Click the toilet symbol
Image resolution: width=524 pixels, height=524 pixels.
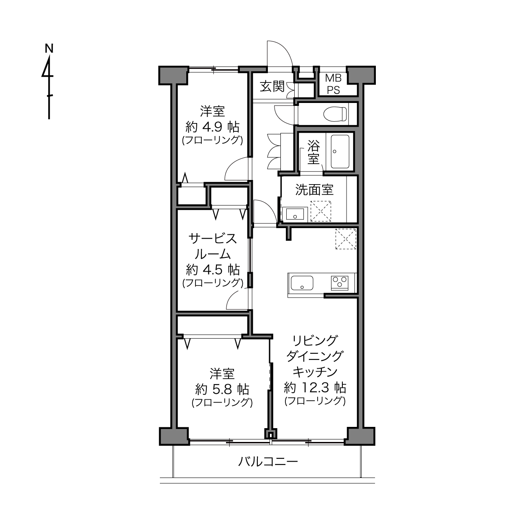pos(335,114)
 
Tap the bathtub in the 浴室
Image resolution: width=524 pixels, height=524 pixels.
pos(340,152)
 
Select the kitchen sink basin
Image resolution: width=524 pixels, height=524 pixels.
pos(302,283)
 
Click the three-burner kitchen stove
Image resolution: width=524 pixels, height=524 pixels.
pos(339,283)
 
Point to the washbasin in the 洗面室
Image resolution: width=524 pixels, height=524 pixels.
pos(295,214)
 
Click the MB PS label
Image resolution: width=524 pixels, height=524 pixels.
pos(334,84)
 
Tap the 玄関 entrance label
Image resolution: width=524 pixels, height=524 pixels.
pos(272,87)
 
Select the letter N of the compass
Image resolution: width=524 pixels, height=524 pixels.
pos(49,49)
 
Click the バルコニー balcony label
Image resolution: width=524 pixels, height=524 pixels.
pos(268,462)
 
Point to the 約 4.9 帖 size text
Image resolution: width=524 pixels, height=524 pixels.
pos(212,126)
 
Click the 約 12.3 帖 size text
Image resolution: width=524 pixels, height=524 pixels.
pos(315,387)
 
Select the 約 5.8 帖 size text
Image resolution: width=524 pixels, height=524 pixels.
pos(222,390)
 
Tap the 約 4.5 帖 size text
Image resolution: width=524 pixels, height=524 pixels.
pos(213,270)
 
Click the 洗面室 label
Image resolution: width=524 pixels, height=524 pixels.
pos(314,190)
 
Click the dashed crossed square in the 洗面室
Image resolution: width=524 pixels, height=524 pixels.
pos(321,211)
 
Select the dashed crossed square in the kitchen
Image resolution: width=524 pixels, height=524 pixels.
pos(346,239)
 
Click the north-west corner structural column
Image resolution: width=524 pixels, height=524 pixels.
pos(174,75)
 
